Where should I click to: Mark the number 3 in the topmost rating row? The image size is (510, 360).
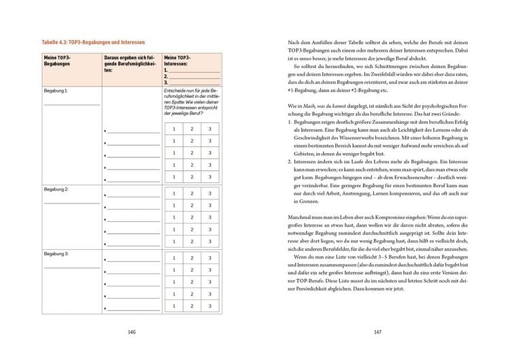tap(210, 129)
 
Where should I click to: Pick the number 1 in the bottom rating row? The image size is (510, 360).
tap(174, 307)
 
